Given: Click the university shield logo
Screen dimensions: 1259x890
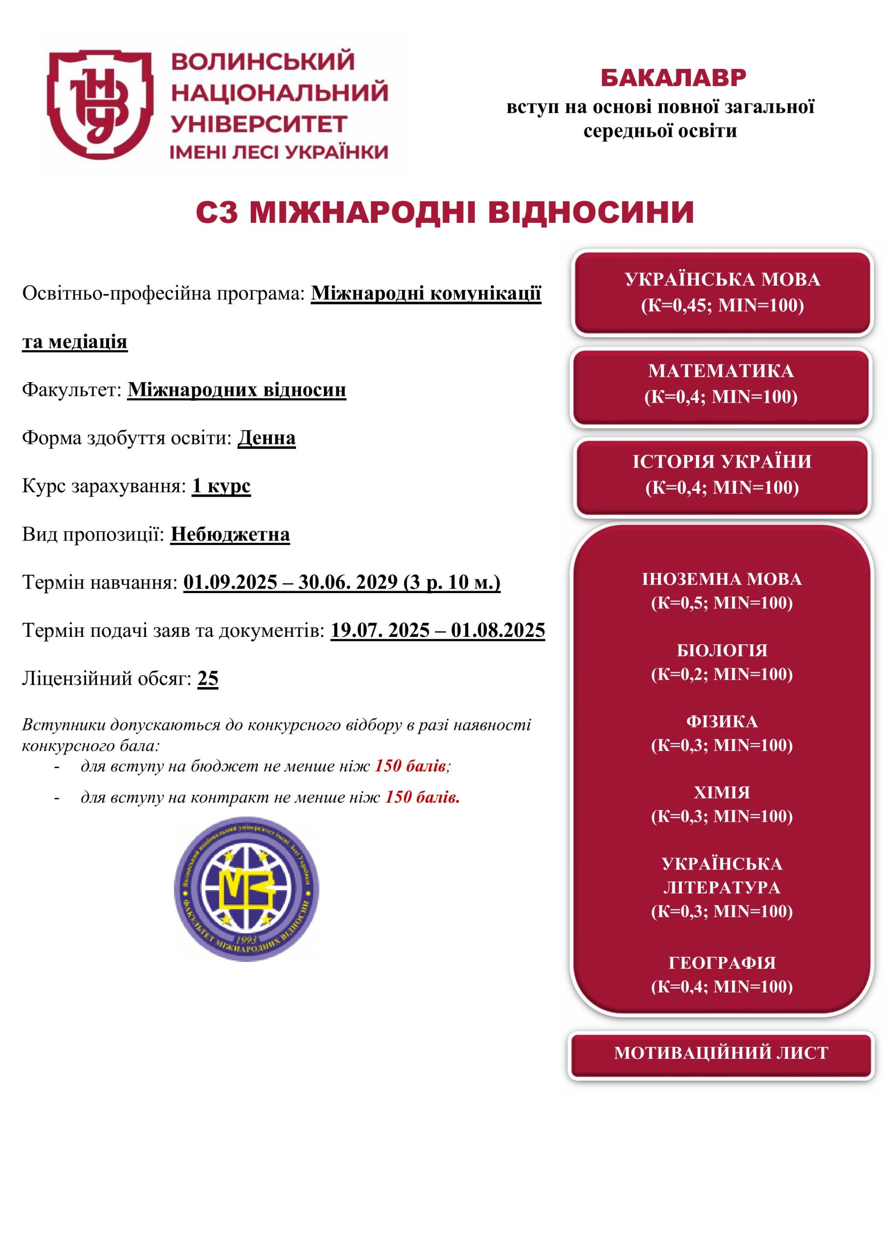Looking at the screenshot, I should (99, 104).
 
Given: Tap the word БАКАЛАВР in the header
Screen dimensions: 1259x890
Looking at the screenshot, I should (673, 78).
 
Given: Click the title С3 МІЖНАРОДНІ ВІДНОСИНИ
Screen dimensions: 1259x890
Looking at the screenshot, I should (445, 213).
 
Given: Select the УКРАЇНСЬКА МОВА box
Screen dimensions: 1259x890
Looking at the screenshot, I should (722, 292).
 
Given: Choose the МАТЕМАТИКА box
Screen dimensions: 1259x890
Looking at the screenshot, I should (720, 383).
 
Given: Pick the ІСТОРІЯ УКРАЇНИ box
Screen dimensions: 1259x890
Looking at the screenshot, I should (722, 474).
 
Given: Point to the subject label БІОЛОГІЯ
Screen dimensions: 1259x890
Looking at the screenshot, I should (722, 650).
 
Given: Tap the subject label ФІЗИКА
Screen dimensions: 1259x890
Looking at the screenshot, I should (722, 721).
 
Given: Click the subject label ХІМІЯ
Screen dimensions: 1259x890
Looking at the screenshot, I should (722, 792).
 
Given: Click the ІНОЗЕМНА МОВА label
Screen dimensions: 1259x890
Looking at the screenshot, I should (722, 579).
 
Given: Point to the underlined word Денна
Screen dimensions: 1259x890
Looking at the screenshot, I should (267, 438).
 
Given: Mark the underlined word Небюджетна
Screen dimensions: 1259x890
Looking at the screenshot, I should (230, 534).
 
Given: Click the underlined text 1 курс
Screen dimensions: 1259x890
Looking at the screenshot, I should (221, 486).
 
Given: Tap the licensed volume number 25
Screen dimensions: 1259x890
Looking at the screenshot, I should (208, 678).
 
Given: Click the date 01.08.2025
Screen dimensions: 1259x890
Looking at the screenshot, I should (498, 630).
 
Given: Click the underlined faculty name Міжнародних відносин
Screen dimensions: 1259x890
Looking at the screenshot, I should (237, 390).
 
